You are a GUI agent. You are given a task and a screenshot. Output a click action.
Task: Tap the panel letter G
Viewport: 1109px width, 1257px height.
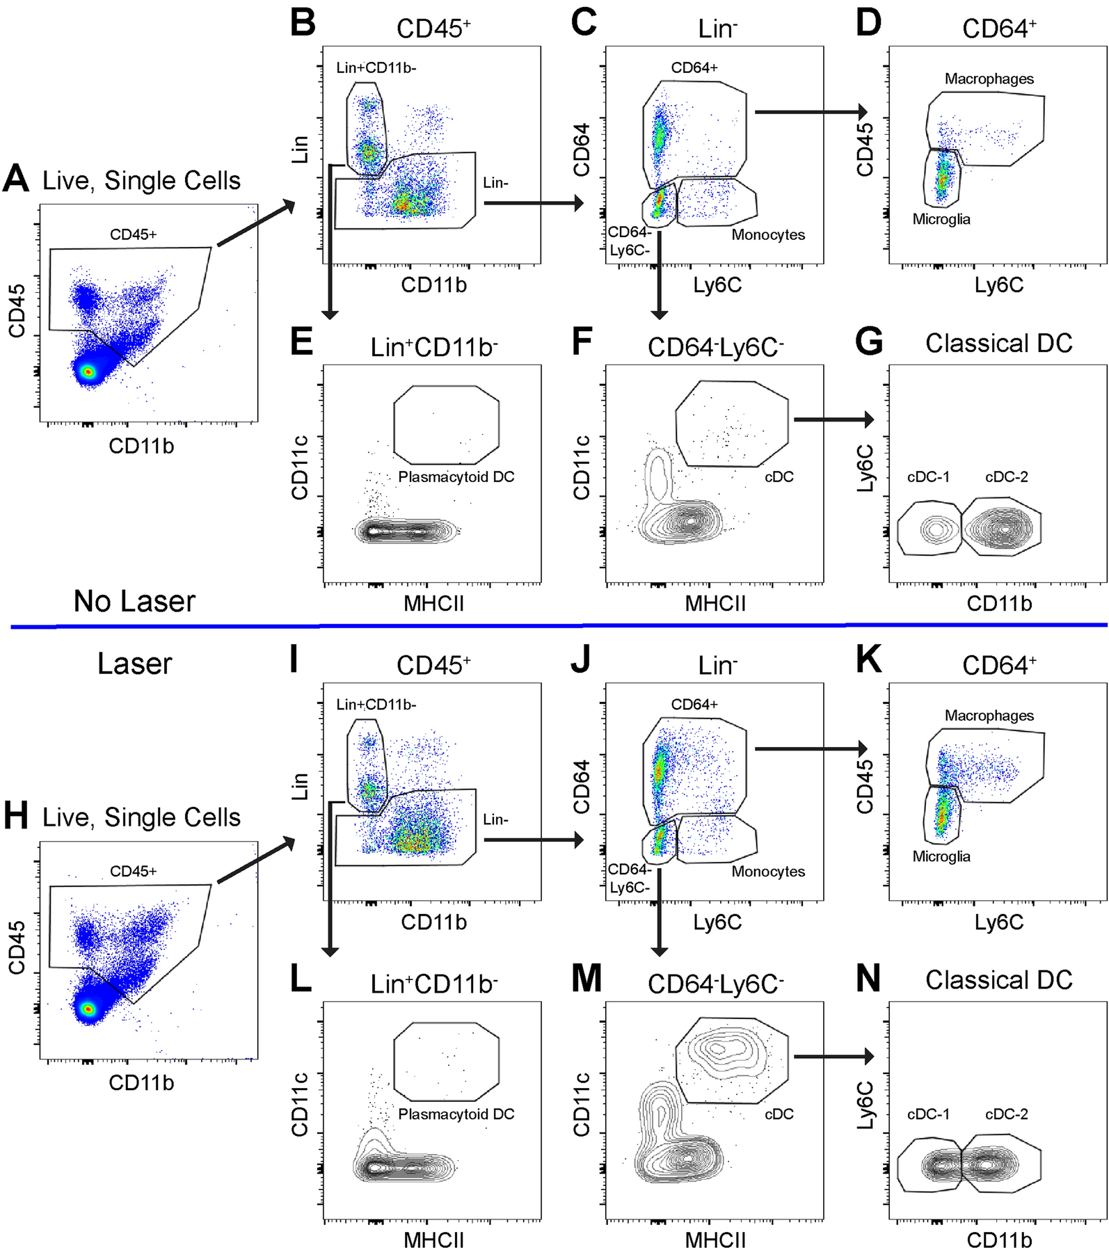(x=869, y=342)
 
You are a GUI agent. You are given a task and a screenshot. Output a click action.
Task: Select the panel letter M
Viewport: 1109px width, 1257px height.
(x=586, y=979)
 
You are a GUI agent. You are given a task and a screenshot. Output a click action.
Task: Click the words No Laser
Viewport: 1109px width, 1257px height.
(x=134, y=601)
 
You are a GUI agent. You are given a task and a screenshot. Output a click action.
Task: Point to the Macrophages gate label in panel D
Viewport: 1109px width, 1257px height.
(x=989, y=79)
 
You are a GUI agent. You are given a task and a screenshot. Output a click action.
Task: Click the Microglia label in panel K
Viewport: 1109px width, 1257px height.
(x=941, y=856)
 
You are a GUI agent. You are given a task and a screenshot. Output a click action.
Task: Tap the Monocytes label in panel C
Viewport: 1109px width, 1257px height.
(x=767, y=235)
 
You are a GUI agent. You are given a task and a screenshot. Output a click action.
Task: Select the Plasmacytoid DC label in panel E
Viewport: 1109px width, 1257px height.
(x=456, y=477)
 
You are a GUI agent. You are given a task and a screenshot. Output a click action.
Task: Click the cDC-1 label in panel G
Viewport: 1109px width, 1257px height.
(x=928, y=477)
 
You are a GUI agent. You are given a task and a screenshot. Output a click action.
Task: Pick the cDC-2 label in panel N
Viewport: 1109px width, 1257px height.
(x=1006, y=1114)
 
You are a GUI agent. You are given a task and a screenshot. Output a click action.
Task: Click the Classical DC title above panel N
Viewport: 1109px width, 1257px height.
(x=998, y=980)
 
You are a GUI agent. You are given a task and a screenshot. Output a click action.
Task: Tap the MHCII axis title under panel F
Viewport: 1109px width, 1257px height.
(x=715, y=603)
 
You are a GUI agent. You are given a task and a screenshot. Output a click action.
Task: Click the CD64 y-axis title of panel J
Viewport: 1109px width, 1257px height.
(x=582, y=787)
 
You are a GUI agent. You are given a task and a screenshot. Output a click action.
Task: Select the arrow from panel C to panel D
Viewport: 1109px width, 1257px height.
(x=811, y=112)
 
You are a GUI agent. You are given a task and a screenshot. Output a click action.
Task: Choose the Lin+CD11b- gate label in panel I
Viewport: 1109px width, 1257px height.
(x=376, y=705)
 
